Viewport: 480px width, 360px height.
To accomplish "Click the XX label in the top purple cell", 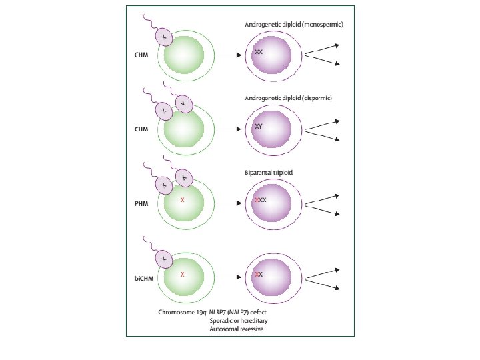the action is [x=259, y=51].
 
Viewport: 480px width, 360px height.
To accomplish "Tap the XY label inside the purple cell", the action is [x=259, y=125].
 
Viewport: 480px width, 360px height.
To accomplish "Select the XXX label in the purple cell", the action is [x=261, y=199].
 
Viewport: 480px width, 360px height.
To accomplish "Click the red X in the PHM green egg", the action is [x=182, y=199].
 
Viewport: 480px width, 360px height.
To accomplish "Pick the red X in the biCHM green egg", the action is [x=182, y=273].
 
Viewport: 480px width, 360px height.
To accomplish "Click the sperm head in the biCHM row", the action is [x=163, y=257].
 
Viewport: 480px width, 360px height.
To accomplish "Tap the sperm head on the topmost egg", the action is [x=163, y=37].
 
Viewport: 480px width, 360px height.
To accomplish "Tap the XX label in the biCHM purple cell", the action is [x=259, y=274].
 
